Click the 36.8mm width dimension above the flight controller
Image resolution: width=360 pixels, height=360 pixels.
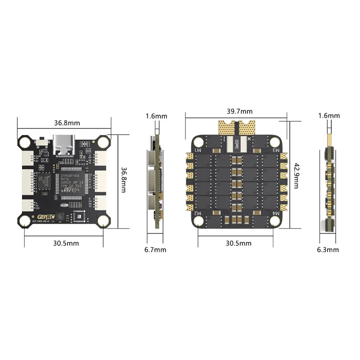(x=67, y=122)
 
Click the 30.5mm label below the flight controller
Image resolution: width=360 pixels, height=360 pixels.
(x=66, y=243)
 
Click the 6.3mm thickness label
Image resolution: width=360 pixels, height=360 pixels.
(x=328, y=250)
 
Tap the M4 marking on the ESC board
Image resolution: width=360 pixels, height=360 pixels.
(x=275, y=211)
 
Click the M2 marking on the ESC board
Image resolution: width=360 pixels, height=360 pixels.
(x=198, y=211)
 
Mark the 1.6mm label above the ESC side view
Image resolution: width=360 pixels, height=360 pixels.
(x=329, y=116)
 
